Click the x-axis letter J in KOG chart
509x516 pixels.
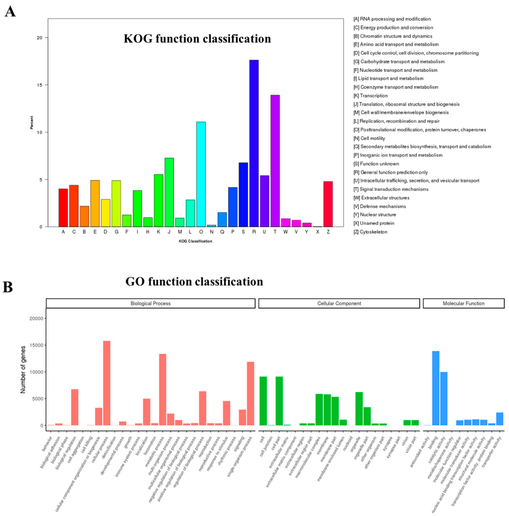pyautogui.click(x=169, y=232)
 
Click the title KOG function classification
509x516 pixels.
pyautogui.click(x=197, y=39)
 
